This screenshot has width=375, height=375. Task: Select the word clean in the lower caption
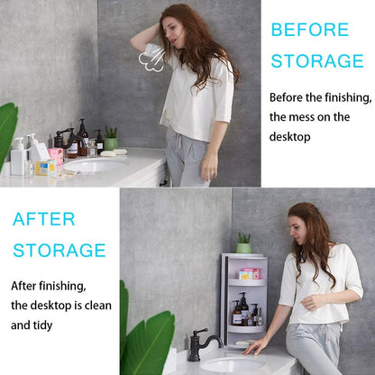(x=95, y=305)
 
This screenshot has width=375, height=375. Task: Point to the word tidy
(x=64, y=324)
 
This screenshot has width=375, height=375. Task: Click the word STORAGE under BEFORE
(x=316, y=61)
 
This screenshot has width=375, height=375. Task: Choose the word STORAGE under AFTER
(x=59, y=250)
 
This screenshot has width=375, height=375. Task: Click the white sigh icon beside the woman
(x=150, y=60)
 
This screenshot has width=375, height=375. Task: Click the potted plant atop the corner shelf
(x=243, y=242)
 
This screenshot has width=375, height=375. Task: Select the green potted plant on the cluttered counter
(x=111, y=138)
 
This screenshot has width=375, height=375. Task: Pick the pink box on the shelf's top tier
(x=249, y=272)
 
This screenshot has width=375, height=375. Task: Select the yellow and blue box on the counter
(x=45, y=167)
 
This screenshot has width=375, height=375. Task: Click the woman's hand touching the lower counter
(x=256, y=346)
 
